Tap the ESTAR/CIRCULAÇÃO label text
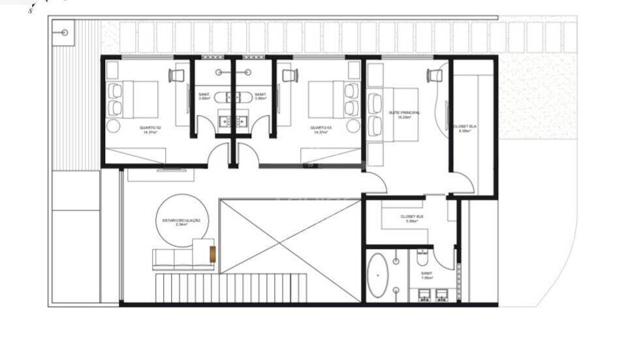181,221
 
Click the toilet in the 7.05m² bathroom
422,258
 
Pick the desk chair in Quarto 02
176,76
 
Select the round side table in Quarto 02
114,126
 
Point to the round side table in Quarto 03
353,126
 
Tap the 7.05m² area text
426,277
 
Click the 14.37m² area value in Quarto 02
150,132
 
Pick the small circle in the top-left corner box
65,32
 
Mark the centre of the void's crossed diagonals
290,237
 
